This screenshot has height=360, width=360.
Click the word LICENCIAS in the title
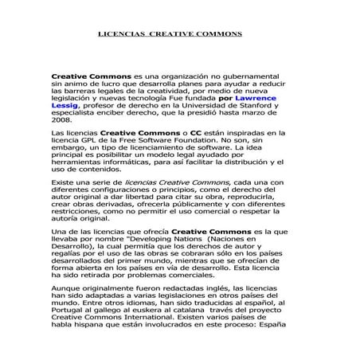pyautogui.click(x=123, y=35)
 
